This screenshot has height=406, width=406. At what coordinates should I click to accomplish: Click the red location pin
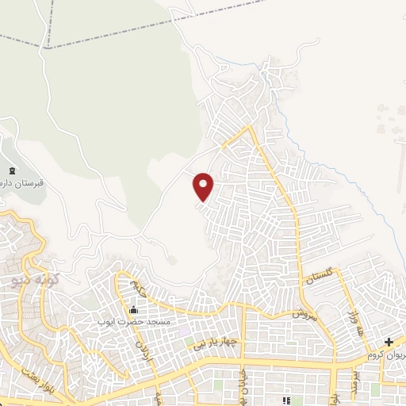205,186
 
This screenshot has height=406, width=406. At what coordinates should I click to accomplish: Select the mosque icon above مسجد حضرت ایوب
132,309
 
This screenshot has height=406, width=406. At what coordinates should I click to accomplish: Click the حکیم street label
140,287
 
